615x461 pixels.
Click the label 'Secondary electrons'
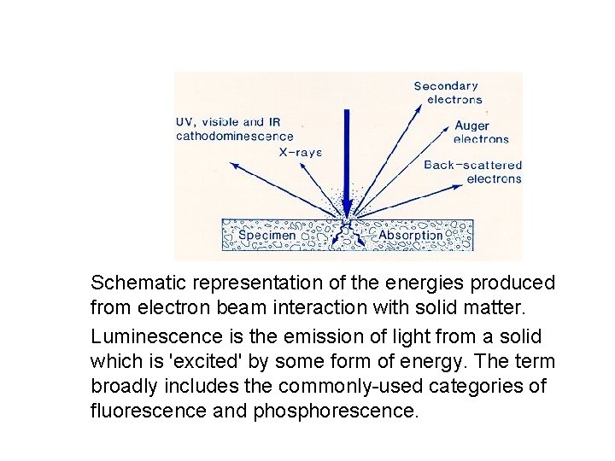[447, 92]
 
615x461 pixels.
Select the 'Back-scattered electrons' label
[473, 172]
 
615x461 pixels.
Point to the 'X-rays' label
[300, 153]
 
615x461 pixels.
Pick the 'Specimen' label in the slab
[267, 235]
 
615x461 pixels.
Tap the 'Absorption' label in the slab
[410, 235]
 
